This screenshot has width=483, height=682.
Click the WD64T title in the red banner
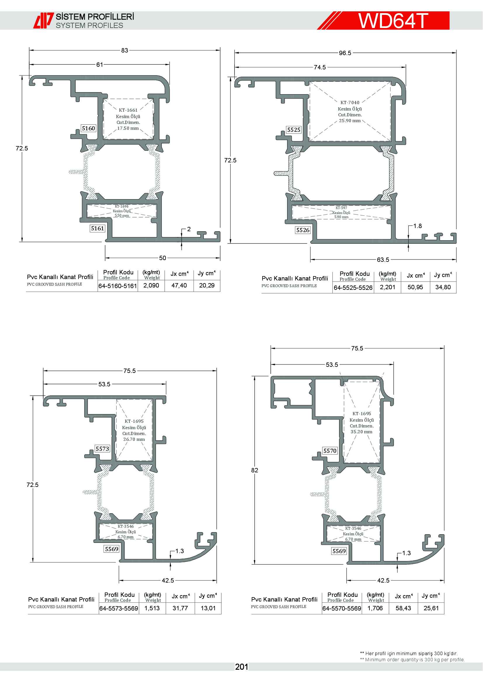[393, 20]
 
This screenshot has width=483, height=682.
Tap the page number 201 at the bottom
[241, 667]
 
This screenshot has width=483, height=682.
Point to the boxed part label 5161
[97, 228]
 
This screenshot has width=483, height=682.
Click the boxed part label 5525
[293, 130]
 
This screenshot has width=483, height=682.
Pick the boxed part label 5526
[303, 230]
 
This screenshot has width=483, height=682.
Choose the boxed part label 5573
[102, 449]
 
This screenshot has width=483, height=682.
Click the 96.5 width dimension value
[345, 53]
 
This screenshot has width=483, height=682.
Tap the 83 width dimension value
[125, 50]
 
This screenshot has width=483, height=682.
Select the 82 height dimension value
[255, 470]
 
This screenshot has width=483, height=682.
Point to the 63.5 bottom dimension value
[383, 260]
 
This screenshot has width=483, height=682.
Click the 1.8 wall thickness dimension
[418, 226]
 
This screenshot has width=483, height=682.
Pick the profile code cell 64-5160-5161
[118, 286]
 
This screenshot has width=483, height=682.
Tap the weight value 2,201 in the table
[388, 287]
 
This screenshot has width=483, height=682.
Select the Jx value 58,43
[403, 608]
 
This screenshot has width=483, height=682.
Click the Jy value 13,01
[208, 608]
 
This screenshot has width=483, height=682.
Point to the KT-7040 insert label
[350, 102]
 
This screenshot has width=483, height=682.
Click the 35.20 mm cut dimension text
[361, 432]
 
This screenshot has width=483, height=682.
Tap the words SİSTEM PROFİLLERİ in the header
[95, 17]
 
